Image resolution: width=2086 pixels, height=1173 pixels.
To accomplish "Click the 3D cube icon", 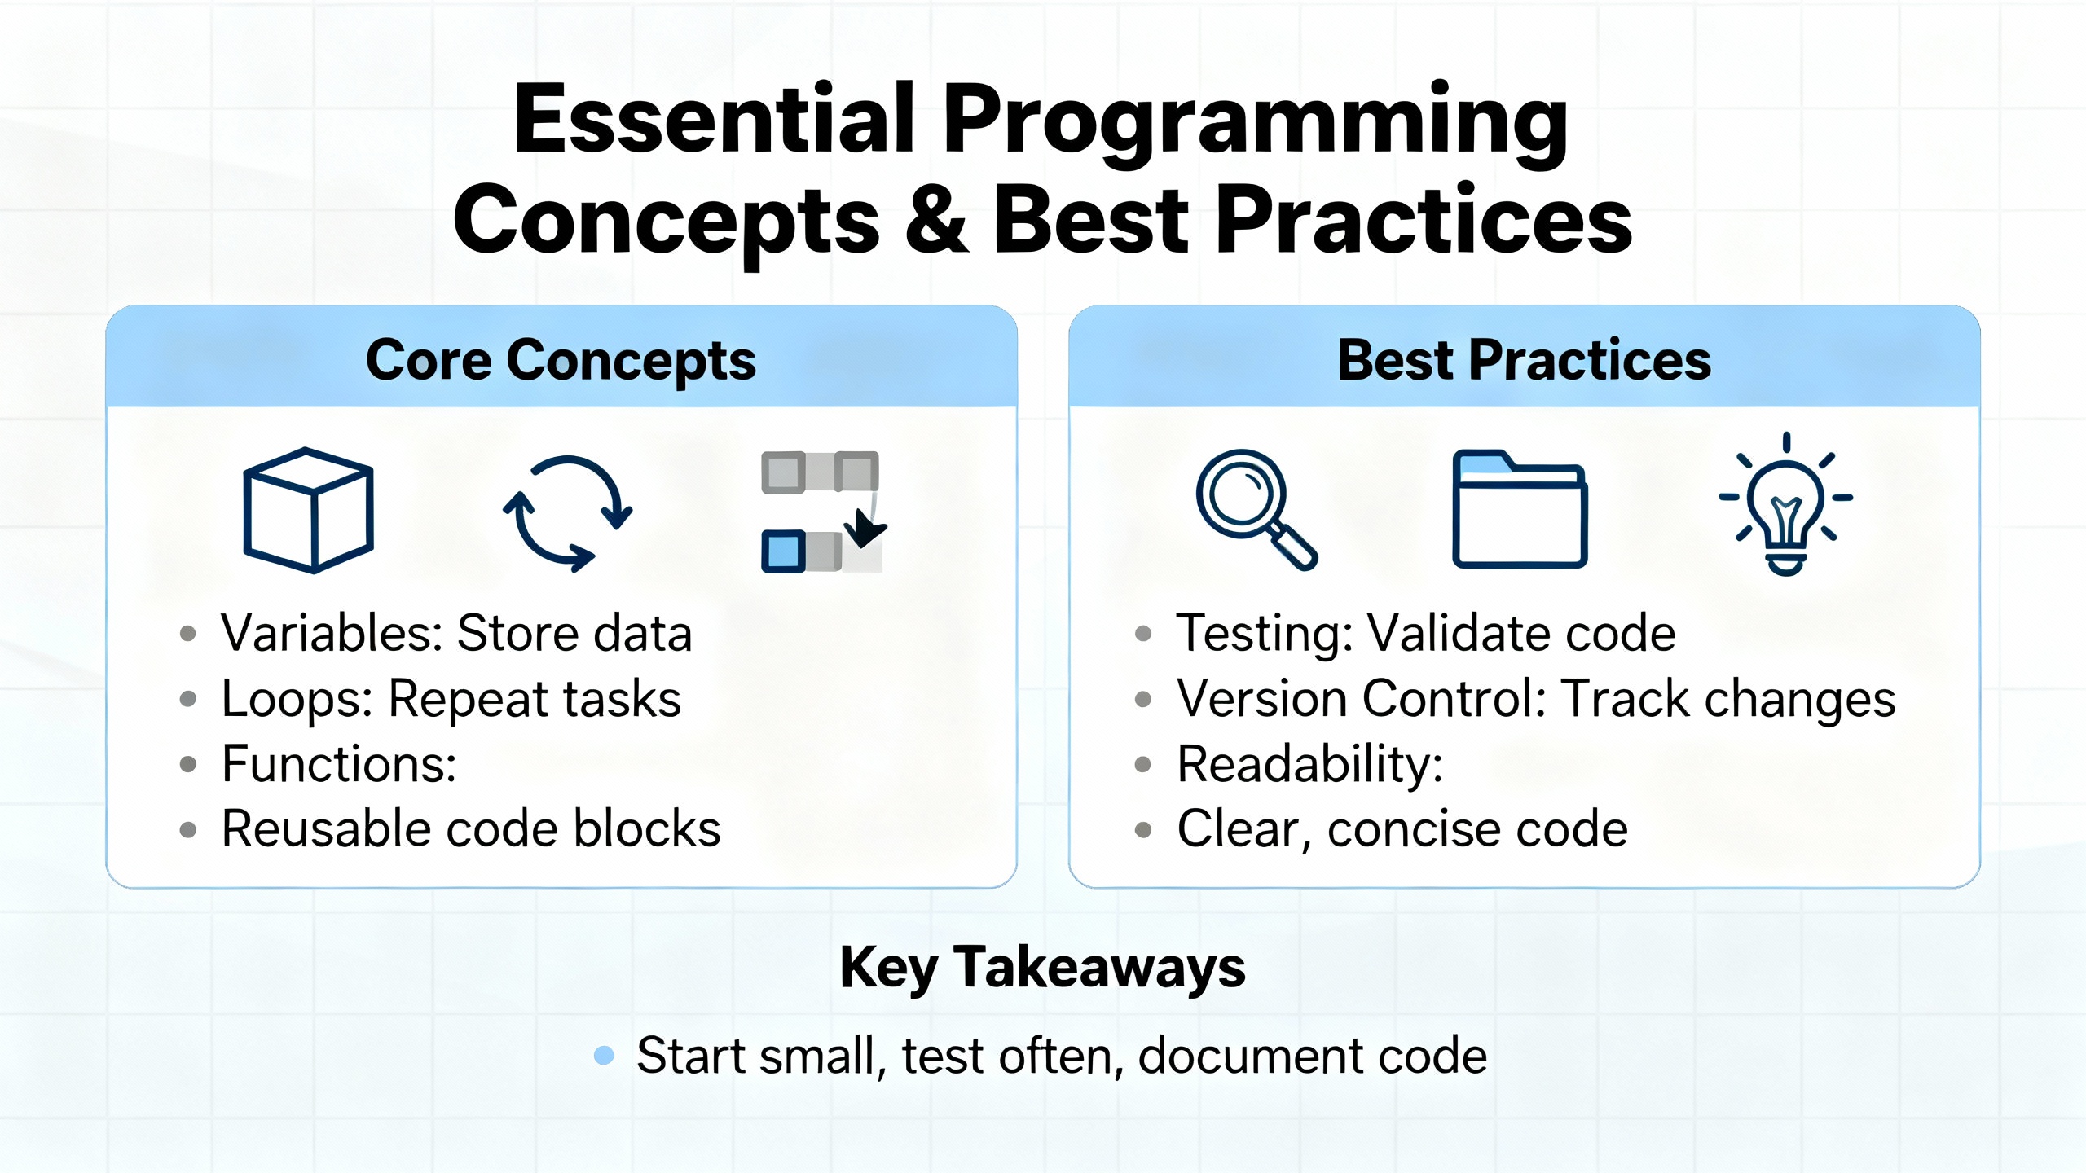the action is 309,511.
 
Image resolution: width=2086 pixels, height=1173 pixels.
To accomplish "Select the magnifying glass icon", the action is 1256,509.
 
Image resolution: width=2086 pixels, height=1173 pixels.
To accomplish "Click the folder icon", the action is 1520,509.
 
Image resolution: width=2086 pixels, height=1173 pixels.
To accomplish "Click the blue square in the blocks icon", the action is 783,551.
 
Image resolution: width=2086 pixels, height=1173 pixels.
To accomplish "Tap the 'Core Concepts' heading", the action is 561,360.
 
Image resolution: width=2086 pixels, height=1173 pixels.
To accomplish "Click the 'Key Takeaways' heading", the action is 1043,968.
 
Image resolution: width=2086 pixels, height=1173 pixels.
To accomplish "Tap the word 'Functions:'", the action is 339,764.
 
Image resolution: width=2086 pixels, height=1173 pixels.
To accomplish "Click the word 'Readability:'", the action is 1310,764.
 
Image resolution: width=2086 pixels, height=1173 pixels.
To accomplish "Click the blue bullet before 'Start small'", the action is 604,1056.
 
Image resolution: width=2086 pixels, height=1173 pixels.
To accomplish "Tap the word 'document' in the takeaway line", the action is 1251,1056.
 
